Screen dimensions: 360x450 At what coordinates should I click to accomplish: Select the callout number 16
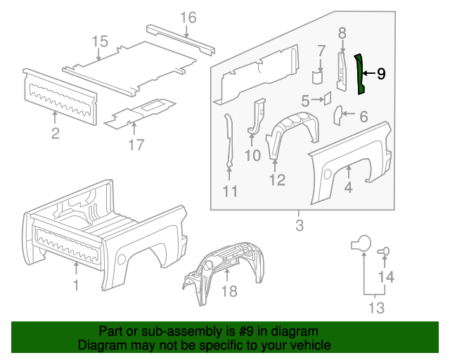188,18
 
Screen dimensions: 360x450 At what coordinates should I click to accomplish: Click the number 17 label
136,144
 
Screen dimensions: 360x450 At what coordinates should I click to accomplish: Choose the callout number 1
76,285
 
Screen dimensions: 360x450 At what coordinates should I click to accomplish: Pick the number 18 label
230,291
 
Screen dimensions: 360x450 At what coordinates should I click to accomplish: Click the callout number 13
376,307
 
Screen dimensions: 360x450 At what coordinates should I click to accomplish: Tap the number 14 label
386,277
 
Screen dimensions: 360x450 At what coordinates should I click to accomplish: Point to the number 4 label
348,187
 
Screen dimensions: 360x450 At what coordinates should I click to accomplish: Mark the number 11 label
230,191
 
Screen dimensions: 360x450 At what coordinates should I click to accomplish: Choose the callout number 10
252,154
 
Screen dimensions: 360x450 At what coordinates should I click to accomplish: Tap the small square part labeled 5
327,98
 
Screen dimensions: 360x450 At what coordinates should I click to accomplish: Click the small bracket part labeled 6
337,112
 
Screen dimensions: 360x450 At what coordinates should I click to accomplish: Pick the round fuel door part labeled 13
361,243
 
